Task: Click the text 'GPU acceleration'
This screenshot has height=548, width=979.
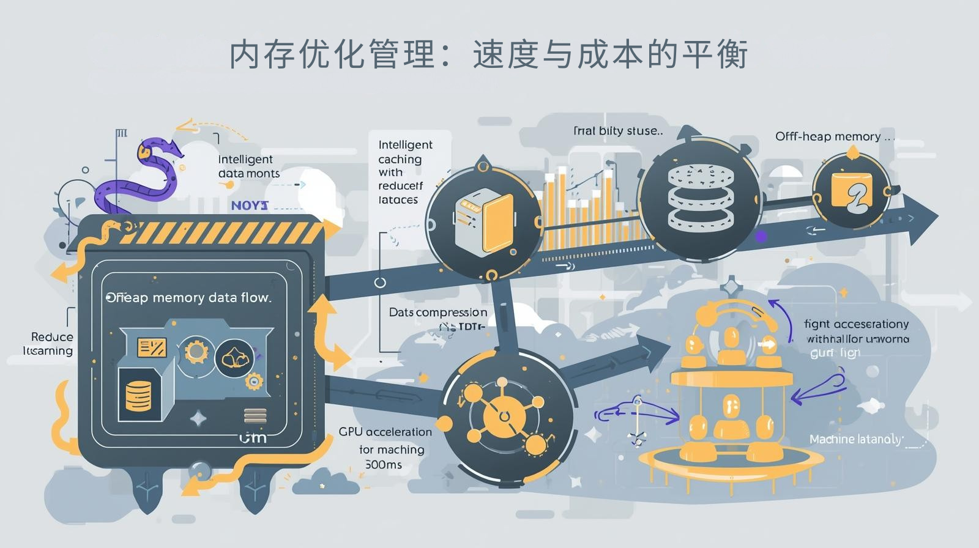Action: coord(385,432)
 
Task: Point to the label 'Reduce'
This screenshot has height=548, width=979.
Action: coord(52,337)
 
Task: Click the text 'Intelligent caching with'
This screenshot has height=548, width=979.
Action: coord(404,159)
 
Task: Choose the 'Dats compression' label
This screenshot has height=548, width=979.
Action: coord(438,313)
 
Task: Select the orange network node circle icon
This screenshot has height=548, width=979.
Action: coord(504,415)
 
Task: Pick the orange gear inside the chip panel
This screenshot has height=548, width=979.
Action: coord(196,352)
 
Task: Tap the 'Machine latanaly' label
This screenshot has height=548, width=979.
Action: coord(855,439)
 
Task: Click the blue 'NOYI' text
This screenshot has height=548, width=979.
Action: coord(250,206)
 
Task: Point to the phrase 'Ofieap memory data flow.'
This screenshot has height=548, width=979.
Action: coord(188,298)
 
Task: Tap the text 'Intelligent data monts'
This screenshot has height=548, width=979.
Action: coord(249,166)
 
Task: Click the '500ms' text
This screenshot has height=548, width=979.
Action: coord(384,465)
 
